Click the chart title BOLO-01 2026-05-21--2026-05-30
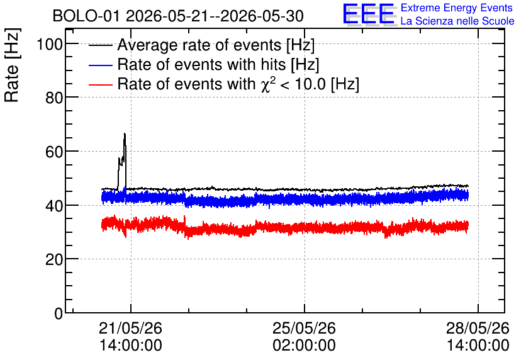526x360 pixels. pos(178,16)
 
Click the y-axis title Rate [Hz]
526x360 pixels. pos(12,65)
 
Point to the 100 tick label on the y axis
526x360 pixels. pos(50,44)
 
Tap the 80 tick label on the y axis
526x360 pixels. pos(54,98)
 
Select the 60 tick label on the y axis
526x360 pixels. pos(54,152)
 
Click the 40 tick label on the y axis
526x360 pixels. pos(54,206)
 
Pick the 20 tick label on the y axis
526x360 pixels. pos(54,259)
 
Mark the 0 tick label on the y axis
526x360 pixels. pos(59,313)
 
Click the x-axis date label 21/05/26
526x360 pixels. pos(130,328)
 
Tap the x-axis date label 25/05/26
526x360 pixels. pos(305,328)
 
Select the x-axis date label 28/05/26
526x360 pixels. pos(478,328)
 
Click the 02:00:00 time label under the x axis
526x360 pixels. pos(305,346)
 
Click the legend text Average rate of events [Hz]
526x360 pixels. pos(216,45)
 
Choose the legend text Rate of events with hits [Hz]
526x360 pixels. pos(218,64)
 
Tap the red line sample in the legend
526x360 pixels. pos(101,85)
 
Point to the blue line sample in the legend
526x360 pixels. pos(101,65)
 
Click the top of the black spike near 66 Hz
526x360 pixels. pos(125,133)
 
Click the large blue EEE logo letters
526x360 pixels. pos(369,14)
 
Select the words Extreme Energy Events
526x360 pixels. pos(457,8)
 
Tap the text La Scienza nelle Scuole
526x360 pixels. pos(457,21)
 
